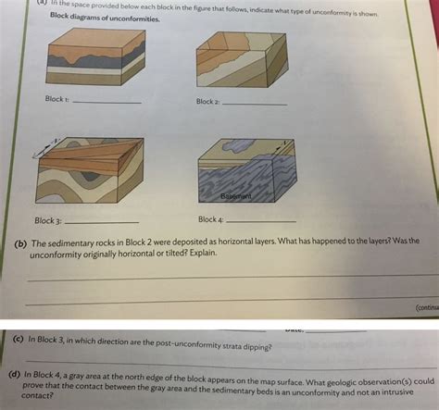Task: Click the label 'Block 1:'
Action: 56,99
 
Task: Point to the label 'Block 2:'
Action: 207,102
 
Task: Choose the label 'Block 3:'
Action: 48,221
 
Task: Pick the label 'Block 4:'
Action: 209,219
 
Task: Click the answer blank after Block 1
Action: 107,101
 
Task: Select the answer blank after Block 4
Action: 261,221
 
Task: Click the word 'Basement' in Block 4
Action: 236,196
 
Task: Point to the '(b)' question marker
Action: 19,244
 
